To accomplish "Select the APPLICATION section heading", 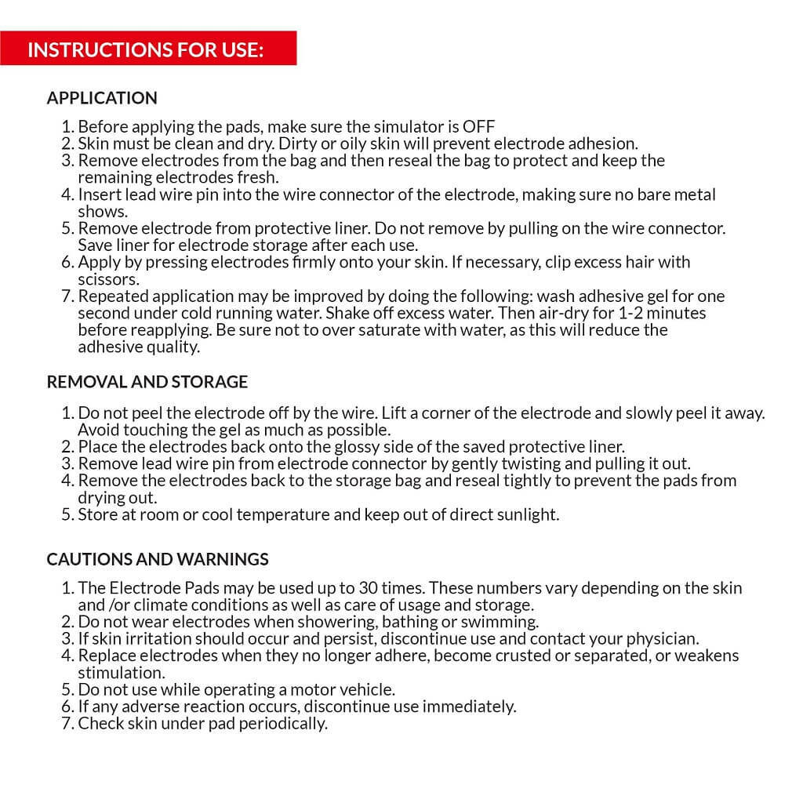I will click(102, 98).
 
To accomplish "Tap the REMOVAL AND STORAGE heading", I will click(147, 382).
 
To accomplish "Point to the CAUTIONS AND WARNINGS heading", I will click(158, 559).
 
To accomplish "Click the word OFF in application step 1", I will click(478, 126).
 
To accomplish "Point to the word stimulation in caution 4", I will click(121, 673).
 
